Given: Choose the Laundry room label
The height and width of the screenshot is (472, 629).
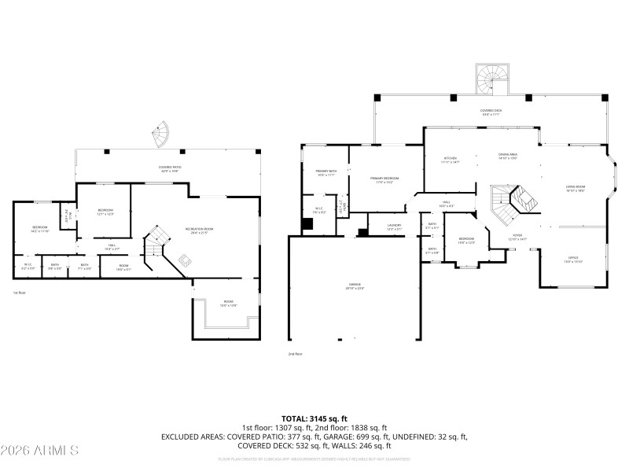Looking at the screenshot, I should pos(395,227).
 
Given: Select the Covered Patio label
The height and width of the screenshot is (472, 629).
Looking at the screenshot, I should pos(169,168).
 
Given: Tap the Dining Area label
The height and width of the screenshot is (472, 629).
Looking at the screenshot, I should pos(507,156).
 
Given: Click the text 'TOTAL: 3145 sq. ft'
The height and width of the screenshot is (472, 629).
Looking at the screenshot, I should pos(314,418).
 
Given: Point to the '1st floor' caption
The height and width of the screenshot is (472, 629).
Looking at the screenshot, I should pos(20,293).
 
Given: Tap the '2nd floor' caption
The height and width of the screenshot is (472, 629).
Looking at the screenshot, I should pos(296,355).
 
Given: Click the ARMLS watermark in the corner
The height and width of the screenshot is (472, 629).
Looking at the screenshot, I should pos(39,451).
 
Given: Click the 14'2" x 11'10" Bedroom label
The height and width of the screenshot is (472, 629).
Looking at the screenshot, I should pos(39,230).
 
